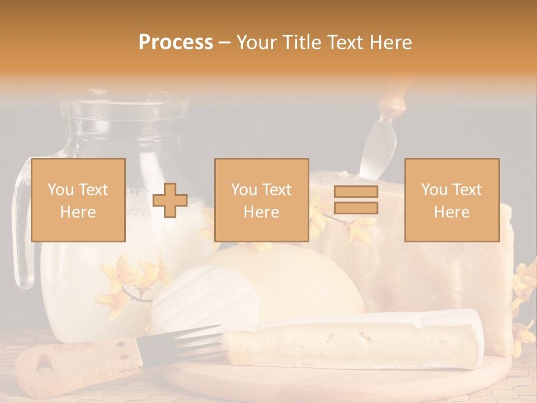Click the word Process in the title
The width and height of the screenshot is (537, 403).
(x=176, y=43)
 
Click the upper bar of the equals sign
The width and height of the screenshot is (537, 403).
(x=356, y=192)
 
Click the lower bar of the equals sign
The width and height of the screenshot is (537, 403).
(x=356, y=208)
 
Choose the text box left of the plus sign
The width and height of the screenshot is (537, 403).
(x=78, y=200)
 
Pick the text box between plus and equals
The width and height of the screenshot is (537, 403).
(x=261, y=200)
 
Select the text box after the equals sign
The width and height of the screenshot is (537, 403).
(x=451, y=200)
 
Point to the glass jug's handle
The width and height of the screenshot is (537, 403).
(x=21, y=224)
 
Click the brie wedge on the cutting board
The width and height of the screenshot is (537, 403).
(x=358, y=339)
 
